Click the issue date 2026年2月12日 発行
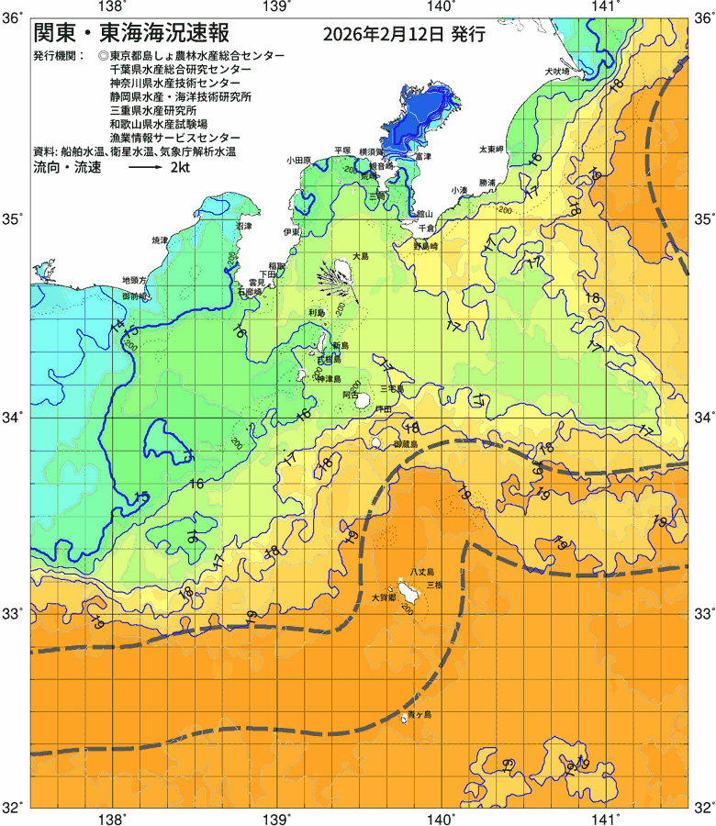click(404, 35)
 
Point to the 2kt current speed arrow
click(145, 169)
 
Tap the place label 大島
click(361, 257)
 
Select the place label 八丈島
click(423, 571)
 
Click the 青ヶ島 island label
click(420, 714)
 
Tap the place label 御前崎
click(134, 296)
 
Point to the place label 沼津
click(244, 225)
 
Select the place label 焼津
click(160, 240)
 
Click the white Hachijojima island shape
click(405, 588)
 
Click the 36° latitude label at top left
click(14, 17)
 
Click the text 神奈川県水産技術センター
click(174, 83)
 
